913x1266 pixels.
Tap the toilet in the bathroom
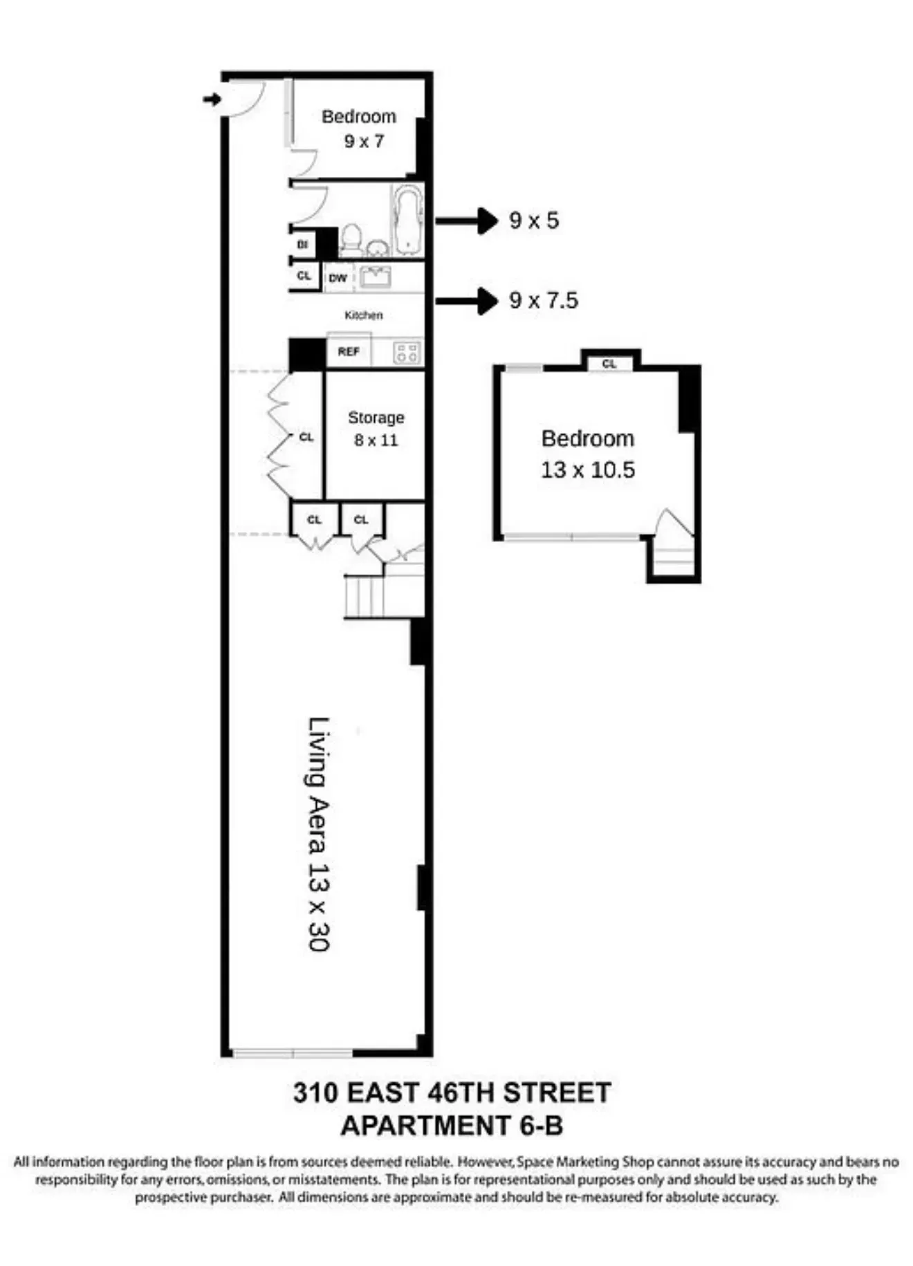(x=351, y=237)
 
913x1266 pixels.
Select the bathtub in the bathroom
(x=408, y=220)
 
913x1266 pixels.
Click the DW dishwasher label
(x=338, y=278)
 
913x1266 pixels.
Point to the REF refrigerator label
(x=349, y=351)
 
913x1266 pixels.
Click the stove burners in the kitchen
(x=407, y=353)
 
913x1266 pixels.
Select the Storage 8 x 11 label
(x=376, y=429)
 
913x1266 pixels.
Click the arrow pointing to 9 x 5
(x=467, y=221)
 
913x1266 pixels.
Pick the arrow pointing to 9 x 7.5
(x=467, y=301)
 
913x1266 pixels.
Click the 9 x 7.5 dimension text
(x=544, y=301)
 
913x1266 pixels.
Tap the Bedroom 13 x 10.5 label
(x=587, y=454)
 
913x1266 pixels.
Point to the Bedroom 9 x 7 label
(x=359, y=129)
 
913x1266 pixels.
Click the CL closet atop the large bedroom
(x=609, y=364)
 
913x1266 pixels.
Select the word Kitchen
(x=364, y=315)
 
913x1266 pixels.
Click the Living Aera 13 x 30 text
(x=319, y=833)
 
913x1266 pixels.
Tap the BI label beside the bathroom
(x=302, y=245)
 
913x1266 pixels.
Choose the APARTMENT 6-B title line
(x=452, y=1126)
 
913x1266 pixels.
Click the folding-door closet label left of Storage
(x=306, y=437)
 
